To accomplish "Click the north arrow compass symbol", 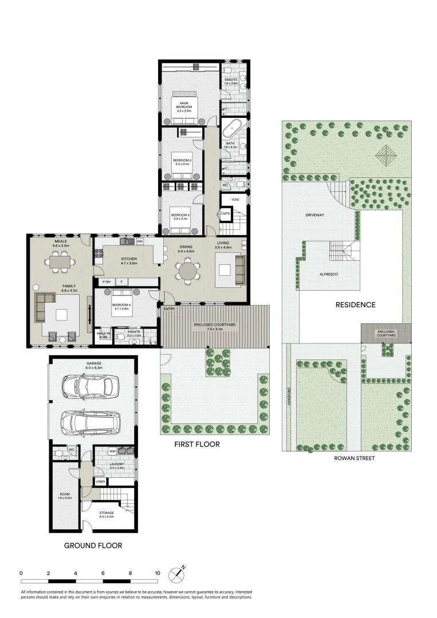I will [x=178, y=573].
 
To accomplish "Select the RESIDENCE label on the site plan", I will [x=355, y=305].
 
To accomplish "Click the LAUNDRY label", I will [x=117, y=464].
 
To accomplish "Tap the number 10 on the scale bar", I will [x=157, y=573].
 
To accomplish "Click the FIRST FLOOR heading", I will [x=198, y=444].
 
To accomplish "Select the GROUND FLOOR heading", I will [x=93, y=545].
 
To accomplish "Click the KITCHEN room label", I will [x=129, y=260].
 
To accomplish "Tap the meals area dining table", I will [x=61, y=262].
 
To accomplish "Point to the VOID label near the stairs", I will [x=235, y=199].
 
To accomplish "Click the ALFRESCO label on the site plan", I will [x=329, y=275].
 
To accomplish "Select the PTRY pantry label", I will [x=107, y=282].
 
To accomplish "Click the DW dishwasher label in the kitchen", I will [x=140, y=242].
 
